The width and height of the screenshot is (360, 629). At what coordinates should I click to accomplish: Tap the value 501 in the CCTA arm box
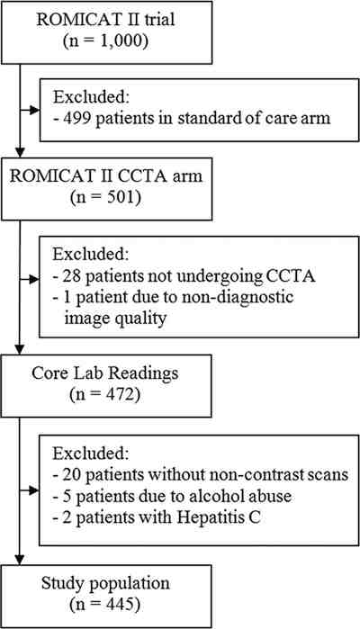(115, 198)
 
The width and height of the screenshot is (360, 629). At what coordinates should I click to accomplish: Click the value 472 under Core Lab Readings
(115, 395)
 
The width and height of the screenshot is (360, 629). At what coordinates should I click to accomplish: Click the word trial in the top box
(158, 20)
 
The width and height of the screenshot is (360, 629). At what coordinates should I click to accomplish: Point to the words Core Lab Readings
(104, 373)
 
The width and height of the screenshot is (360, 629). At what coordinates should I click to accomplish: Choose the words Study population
(105, 583)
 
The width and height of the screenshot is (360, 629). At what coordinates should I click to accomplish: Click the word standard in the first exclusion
(210, 118)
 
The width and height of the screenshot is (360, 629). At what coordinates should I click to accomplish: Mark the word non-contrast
(248, 475)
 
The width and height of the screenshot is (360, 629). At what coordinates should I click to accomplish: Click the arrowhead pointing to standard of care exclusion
(34, 110)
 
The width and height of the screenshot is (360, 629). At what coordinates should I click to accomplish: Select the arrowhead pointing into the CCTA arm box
(20, 152)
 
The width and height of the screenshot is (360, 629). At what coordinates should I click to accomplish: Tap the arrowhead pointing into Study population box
(20, 560)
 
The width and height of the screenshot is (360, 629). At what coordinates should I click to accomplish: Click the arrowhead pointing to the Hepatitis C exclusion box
(34, 490)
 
